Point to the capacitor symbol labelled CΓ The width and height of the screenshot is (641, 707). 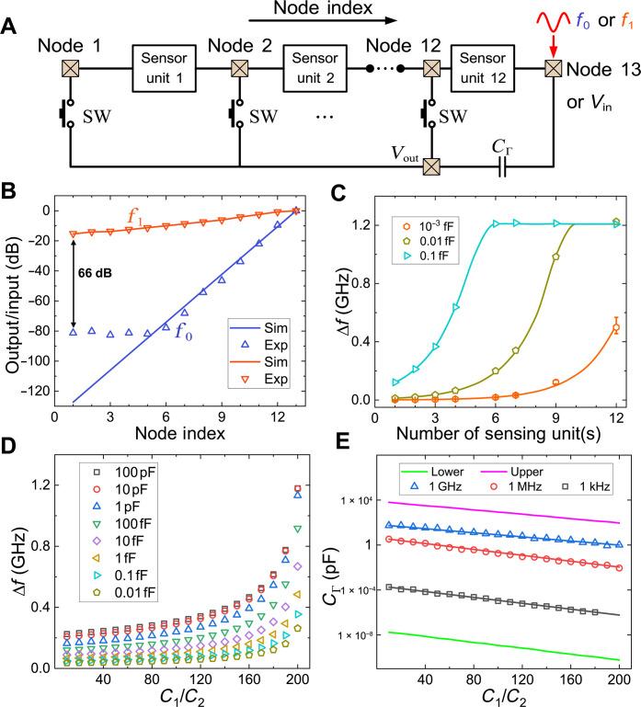pos(501,169)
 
